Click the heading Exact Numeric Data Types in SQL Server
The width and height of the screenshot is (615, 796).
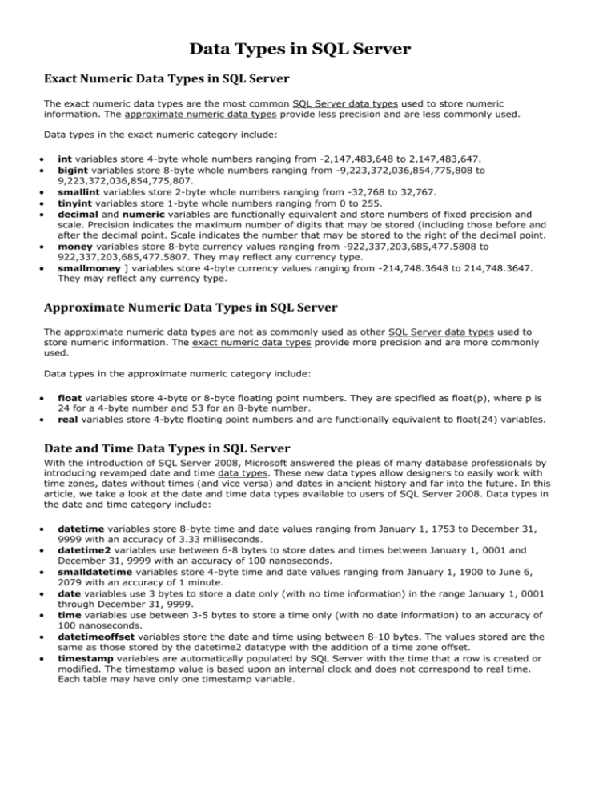click(166, 80)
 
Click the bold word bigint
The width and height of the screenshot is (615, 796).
click(74, 171)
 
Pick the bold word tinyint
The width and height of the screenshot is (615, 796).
click(77, 204)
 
